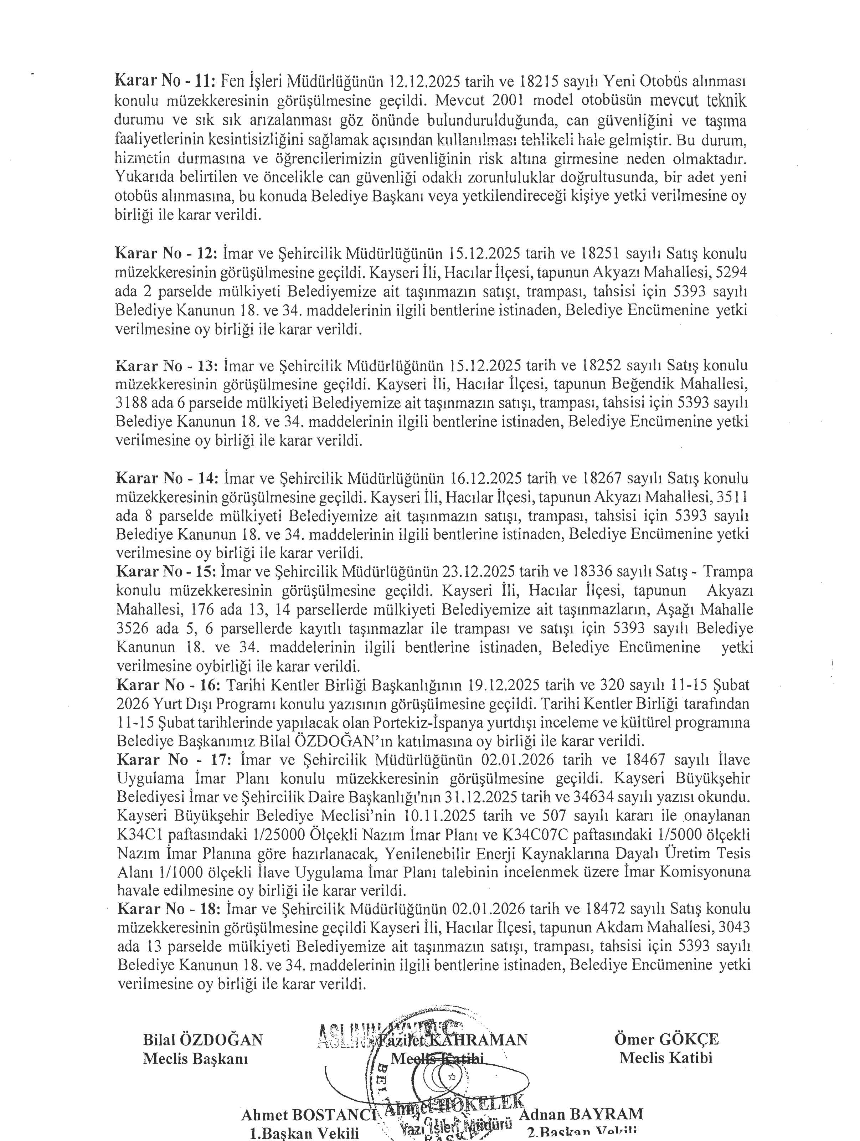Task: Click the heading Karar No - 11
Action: pyautogui.click(x=165, y=81)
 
